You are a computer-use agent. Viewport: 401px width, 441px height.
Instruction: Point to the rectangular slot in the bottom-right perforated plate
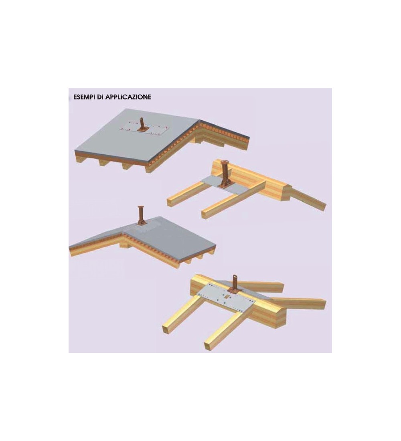[226, 296]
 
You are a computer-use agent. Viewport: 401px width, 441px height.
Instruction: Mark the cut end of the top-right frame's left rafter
[170, 202]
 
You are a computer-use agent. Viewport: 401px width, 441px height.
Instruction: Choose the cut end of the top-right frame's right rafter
[205, 214]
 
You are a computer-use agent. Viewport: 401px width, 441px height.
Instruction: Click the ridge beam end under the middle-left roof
[125, 244]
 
